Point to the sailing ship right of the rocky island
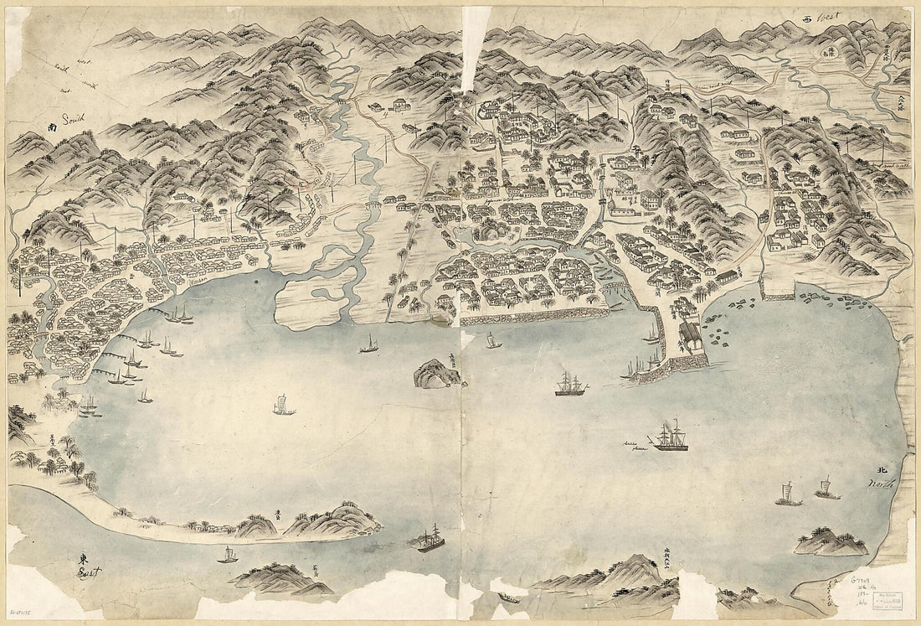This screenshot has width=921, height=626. click(571, 385)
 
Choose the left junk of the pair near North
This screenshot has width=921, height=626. click(787, 494)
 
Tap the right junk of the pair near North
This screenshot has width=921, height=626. click(826, 488)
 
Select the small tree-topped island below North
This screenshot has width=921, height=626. click(831, 542)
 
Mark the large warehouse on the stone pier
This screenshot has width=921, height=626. click(691, 338)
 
